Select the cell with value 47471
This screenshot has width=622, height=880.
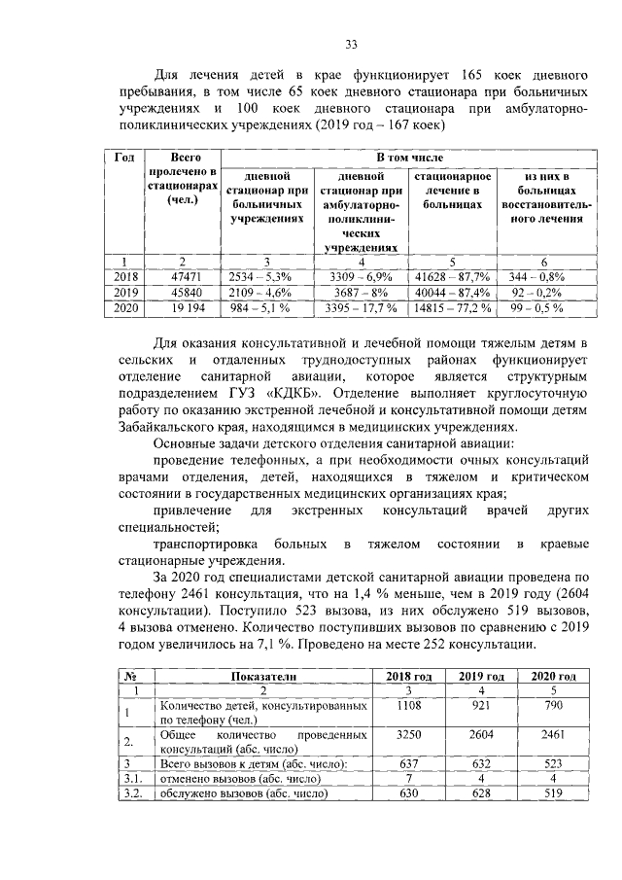click(184, 277)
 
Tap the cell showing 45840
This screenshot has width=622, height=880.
click(184, 293)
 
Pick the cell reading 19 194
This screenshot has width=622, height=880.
click(184, 308)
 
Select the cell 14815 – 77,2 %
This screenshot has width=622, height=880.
click(453, 308)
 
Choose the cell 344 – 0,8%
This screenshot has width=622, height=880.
click(544, 277)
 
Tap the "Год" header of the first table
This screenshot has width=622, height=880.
click(124, 158)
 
